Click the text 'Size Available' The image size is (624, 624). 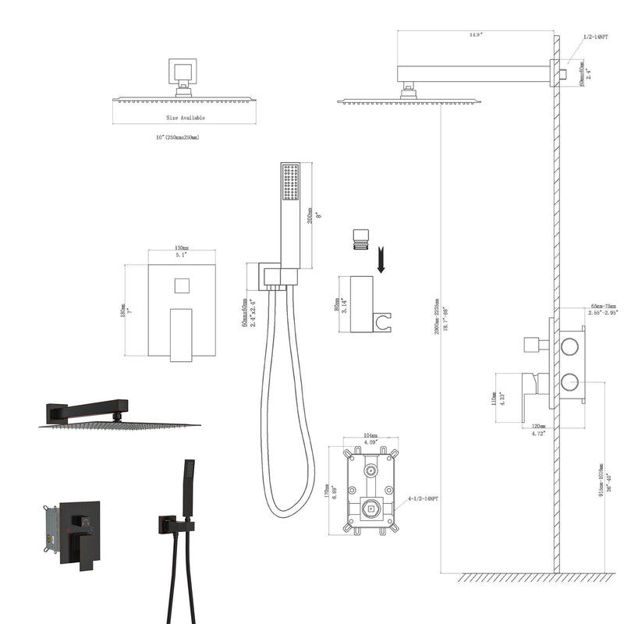point(185,117)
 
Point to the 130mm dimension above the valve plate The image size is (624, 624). point(183,249)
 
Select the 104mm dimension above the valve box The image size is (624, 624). point(371,437)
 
